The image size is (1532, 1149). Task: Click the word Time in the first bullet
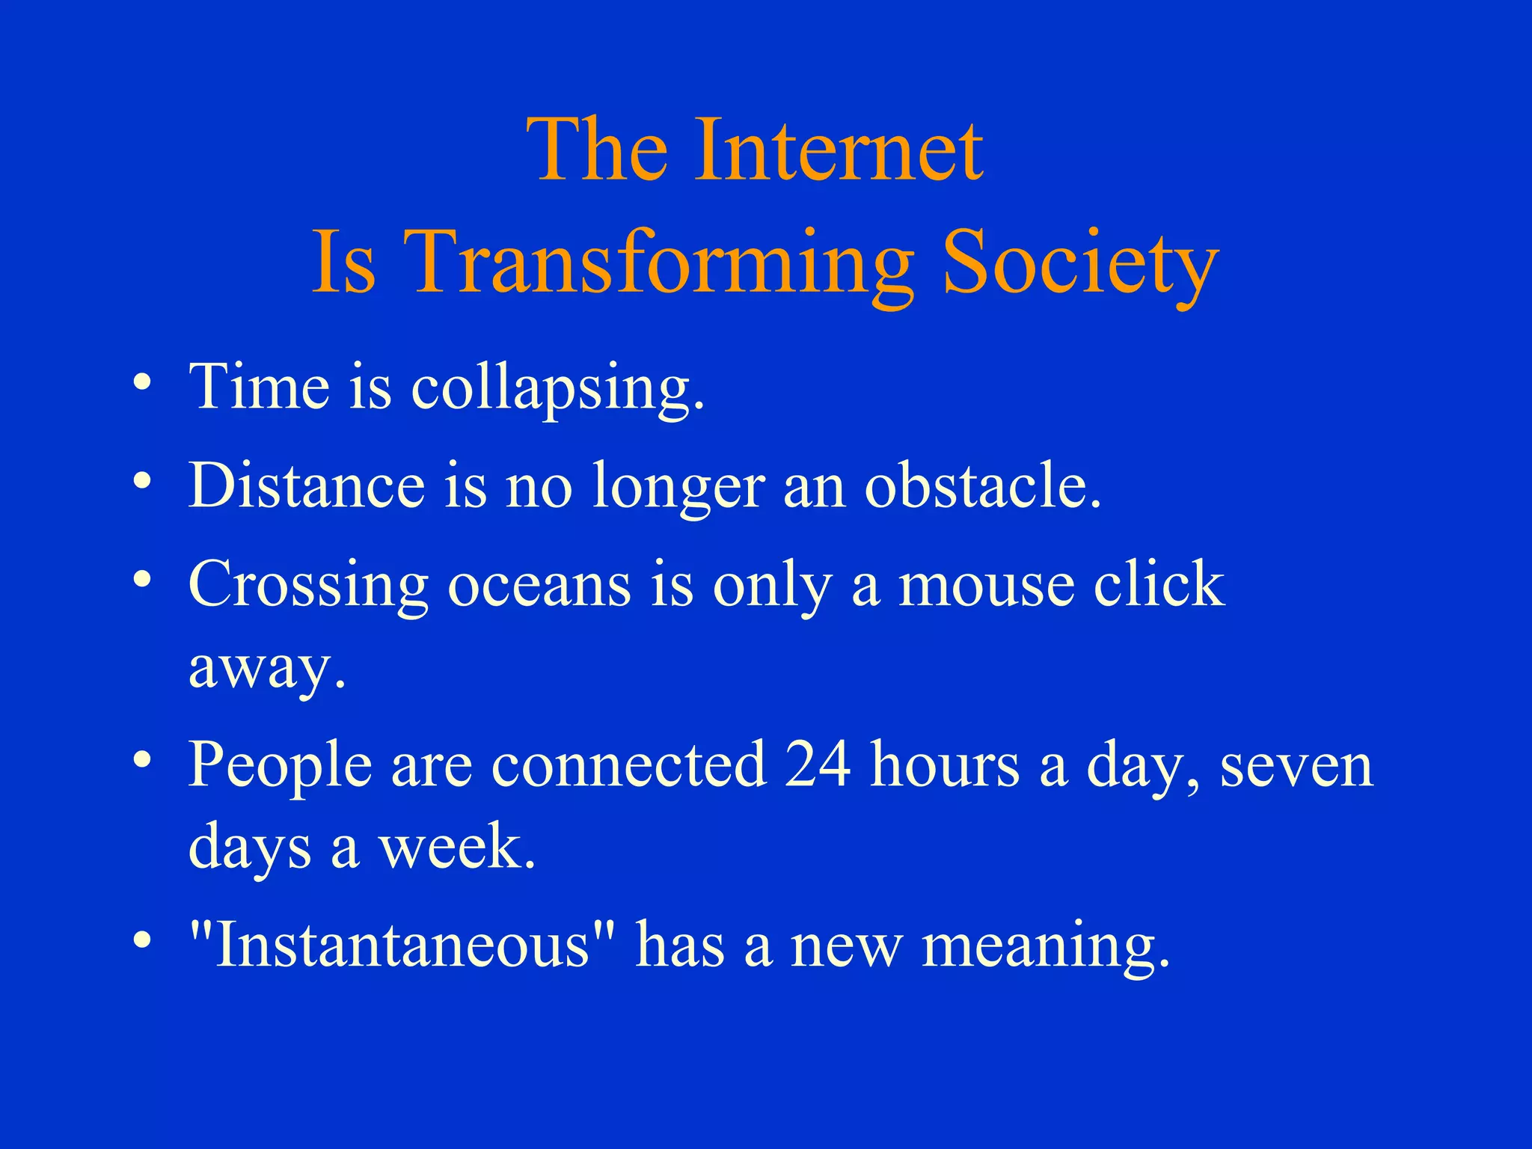[x=259, y=387]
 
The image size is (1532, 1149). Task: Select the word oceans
[x=539, y=585]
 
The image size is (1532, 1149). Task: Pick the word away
[x=266, y=668]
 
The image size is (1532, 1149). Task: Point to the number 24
[x=817, y=764]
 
